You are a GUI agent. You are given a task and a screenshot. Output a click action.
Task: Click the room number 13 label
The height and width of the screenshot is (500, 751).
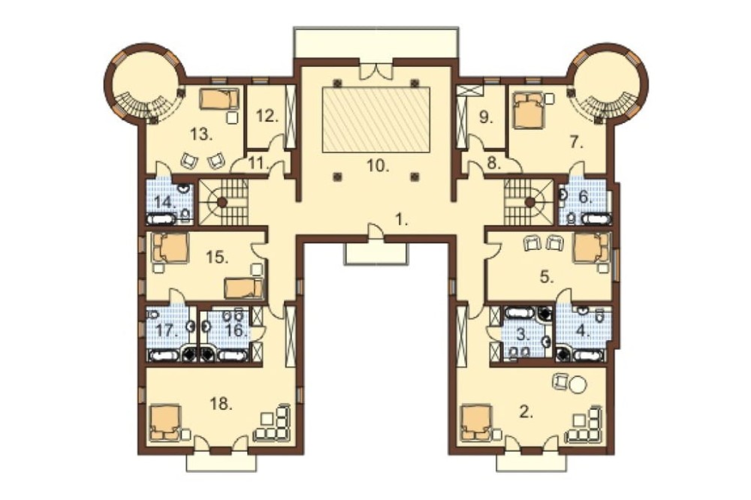click(201, 134)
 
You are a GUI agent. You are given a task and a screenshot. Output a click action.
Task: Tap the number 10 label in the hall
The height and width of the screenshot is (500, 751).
click(378, 166)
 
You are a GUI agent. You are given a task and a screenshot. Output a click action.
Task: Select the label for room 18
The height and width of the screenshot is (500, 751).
click(222, 404)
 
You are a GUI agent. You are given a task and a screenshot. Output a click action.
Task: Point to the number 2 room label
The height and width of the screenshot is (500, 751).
click(526, 412)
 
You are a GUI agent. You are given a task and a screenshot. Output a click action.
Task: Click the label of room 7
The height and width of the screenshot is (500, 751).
click(576, 142)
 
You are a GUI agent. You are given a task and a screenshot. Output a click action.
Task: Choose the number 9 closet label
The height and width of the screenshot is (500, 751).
click(486, 117)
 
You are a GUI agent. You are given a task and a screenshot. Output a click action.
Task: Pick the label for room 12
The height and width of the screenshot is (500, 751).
click(267, 116)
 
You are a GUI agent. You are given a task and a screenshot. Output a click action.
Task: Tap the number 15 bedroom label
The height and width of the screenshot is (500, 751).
click(218, 258)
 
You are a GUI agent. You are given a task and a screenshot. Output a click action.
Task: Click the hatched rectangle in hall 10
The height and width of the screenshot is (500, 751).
click(376, 119)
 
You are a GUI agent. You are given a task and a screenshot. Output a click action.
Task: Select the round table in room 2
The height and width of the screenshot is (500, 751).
click(578, 385)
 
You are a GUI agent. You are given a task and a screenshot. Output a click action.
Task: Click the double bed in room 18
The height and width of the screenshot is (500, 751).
click(165, 423)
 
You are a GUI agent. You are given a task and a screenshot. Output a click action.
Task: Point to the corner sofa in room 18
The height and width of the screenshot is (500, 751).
click(273, 423)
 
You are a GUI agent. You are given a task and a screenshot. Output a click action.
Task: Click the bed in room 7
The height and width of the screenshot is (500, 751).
click(528, 110)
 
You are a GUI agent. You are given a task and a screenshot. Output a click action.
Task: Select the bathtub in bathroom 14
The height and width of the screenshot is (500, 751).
click(162, 220)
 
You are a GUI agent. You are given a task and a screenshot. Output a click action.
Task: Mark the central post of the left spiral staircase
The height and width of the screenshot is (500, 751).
click(222, 203)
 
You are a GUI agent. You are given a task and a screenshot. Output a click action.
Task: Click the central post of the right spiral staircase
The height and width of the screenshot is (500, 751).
click(529, 203)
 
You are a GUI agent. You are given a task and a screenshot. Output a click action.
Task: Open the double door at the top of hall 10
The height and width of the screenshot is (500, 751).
click(376, 70)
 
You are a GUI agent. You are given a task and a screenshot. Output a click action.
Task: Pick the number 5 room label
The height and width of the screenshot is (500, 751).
click(547, 277)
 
